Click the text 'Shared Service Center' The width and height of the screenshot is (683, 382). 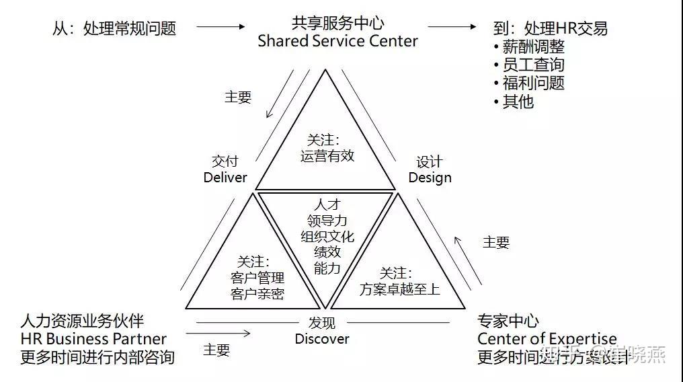coord(337,41)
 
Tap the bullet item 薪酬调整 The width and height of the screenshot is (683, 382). coord(533,47)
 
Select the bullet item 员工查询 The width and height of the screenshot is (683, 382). coord(533,65)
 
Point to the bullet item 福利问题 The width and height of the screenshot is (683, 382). coord(533,83)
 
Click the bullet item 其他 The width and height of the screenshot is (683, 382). coord(518,102)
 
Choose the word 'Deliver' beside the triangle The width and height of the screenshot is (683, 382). coord(225,178)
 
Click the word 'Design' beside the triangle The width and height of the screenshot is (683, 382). coord(430,178)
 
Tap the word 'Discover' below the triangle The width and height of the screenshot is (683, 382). coord(322,338)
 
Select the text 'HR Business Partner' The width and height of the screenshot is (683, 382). coord(93,339)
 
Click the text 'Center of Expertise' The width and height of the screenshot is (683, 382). coord(547,338)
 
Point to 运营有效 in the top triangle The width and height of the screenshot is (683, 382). coord(327,156)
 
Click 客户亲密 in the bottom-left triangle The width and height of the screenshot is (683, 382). coord(257,294)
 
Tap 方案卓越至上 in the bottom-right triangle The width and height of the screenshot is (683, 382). coord(399,290)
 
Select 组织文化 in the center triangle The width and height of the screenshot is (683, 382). coord(327,237)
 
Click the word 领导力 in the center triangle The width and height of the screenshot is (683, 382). coord(327,221)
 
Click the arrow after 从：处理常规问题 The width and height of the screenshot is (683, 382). coord(221,27)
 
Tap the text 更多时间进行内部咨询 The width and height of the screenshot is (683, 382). coord(97,356)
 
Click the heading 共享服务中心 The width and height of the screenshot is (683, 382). coord(337,24)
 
